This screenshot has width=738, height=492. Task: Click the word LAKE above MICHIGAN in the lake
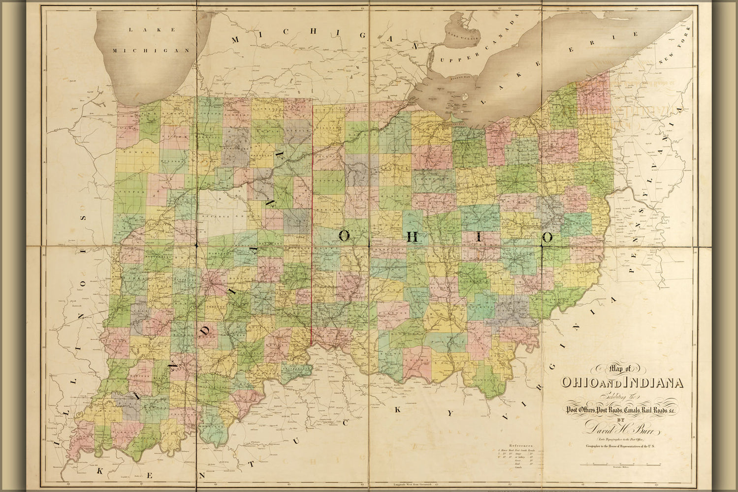click(151, 30)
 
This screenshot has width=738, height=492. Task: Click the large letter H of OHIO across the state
click(414, 237)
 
